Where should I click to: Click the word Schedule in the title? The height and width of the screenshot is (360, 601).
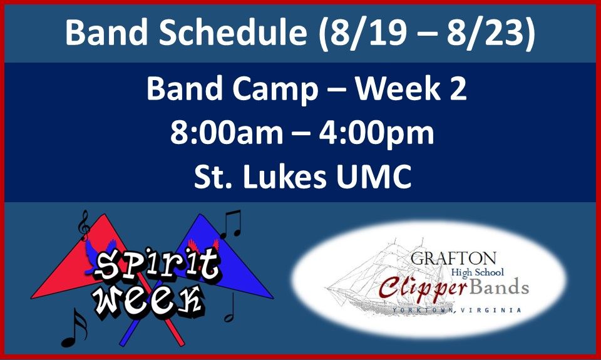coord(233,32)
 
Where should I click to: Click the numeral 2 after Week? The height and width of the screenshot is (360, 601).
coord(458,88)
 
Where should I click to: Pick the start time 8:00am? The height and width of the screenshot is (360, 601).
coord(227,133)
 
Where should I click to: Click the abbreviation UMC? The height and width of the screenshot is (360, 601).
coord(374,177)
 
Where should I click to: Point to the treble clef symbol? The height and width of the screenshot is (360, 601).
coord(83,225)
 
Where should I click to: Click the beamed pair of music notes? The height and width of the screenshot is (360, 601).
coord(231,224)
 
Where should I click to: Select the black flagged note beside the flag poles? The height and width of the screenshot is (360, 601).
coord(74,328)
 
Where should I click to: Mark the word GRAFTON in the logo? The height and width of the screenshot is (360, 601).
coord(453,259)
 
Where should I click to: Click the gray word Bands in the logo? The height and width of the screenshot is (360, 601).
coord(499,287)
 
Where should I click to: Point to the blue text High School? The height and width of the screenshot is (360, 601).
coord(477,272)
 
